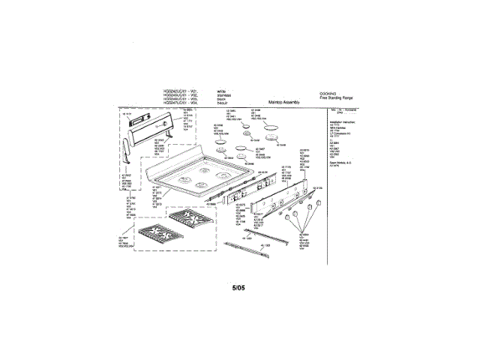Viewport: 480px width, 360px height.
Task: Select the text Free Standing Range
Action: (336, 98)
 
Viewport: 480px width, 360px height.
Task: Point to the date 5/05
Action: (239, 286)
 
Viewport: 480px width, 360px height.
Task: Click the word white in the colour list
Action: (221, 90)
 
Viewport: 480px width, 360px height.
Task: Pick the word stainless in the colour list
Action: (223, 94)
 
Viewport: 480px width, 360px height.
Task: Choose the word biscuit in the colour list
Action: (222, 102)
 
